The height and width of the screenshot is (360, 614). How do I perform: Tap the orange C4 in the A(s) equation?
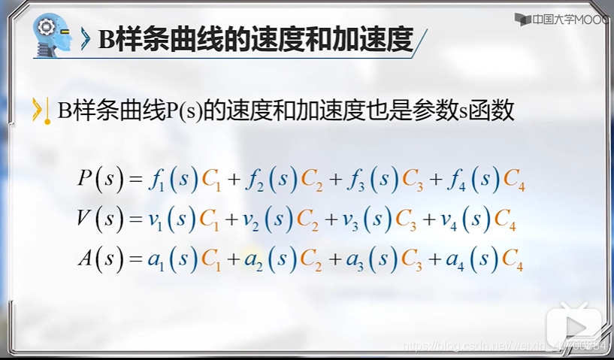click(x=513, y=261)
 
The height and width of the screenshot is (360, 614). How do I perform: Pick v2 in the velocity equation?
click(x=251, y=220)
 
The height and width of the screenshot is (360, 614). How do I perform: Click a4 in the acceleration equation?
click(x=455, y=261)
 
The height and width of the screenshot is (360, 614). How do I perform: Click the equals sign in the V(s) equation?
click(x=135, y=220)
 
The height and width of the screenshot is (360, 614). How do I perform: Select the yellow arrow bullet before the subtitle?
click(x=36, y=111)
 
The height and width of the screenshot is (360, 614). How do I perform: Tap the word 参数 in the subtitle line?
click(x=431, y=111)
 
